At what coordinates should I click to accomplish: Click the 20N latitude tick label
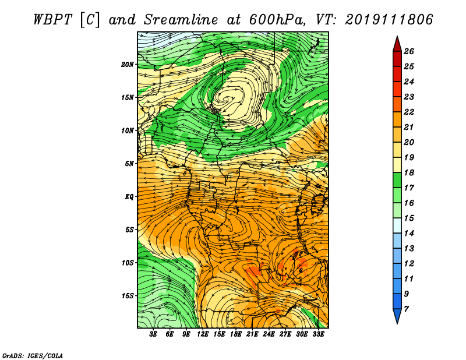tap(128, 65)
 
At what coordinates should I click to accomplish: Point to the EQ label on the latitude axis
tap(129, 197)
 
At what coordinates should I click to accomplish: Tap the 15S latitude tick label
tap(128, 296)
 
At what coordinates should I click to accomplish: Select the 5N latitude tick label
tap(129, 164)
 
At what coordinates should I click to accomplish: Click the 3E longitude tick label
tap(153, 334)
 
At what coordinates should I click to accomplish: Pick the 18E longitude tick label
tap(235, 334)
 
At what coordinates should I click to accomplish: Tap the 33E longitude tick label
tap(318, 334)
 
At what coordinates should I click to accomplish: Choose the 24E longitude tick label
tap(269, 334)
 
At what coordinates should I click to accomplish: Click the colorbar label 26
tap(409, 51)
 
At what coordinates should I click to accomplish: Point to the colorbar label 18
tap(409, 172)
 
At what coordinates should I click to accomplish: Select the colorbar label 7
tap(406, 309)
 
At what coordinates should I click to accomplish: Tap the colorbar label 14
tap(409, 234)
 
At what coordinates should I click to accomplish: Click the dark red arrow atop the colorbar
tap(397, 45)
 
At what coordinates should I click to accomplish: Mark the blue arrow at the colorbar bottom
tap(397, 315)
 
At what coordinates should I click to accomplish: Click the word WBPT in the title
tap(53, 20)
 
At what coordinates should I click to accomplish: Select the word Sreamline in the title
tap(181, 20)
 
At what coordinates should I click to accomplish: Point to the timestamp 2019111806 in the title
tap(389, 20)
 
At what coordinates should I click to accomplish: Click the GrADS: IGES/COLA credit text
tap(33, 355)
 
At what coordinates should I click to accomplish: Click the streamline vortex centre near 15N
tap(227, 99)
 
